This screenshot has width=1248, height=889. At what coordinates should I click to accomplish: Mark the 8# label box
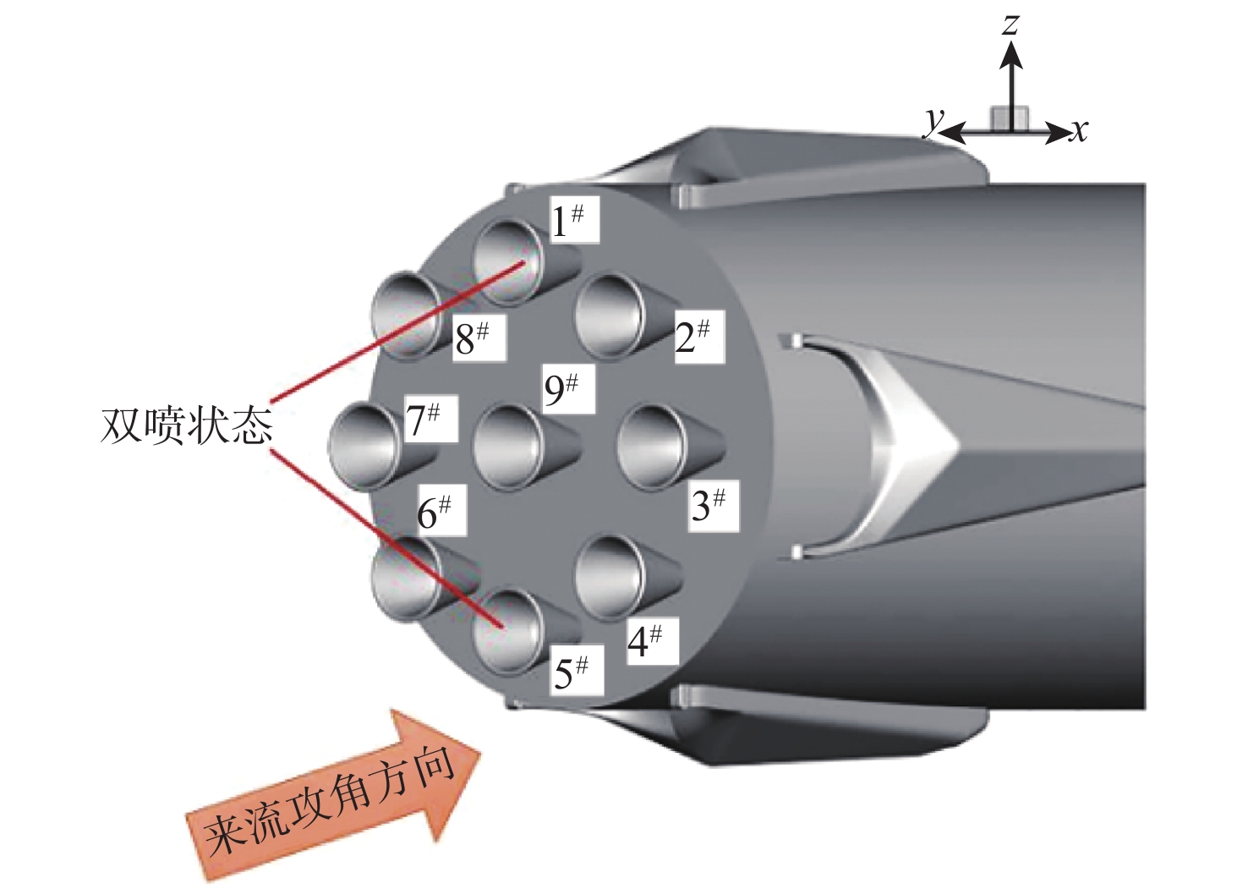(473, 338)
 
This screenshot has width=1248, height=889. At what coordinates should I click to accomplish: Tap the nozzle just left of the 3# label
(651, 447)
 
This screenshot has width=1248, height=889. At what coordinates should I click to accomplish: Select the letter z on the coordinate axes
(1010, 23)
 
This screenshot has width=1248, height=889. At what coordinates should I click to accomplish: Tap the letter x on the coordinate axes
(1078, 131)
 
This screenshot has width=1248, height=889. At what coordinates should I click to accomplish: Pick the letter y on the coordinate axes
(933, 123)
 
